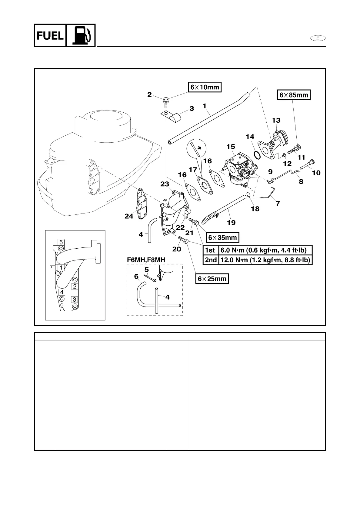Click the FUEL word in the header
click(50, 36)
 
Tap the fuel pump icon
click(81, 35)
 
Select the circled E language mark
click(318, 38)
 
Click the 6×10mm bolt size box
click(205, 87)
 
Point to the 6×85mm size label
click(294, 95)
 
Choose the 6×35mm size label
click(222, 237)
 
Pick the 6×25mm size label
click(212, 279)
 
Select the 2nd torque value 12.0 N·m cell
click(265, 260)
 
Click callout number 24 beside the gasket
click(129, 216)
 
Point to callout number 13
click(276, 120)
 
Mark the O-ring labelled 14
click(257, 155)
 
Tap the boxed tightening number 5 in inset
click(61, 242)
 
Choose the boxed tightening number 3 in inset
click(74, 300)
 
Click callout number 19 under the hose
click(231, 223)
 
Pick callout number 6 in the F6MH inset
click(136, 276)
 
